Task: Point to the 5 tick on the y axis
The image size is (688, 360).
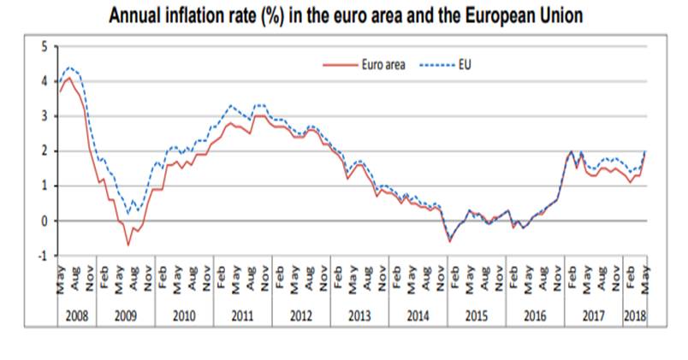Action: pos(45,45)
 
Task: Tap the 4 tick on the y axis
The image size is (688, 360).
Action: pos(45,81)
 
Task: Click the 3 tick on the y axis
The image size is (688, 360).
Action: pos(45,116)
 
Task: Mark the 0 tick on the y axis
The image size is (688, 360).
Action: pos(45,221)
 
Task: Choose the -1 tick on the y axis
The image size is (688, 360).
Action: pos(44,256)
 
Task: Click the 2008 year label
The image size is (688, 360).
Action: pos(76,316)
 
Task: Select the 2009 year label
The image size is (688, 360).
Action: pos(126,316)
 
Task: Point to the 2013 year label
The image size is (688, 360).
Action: pos(359,316)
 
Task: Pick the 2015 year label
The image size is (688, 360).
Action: pos(476,316)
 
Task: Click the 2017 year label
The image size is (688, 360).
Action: pos(592,316)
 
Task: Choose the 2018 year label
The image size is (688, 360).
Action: pos(634,316)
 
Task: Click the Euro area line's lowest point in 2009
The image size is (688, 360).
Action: pos(128,245)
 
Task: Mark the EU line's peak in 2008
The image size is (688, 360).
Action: pos(70,67)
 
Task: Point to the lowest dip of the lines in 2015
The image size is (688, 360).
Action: pos(450,241)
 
